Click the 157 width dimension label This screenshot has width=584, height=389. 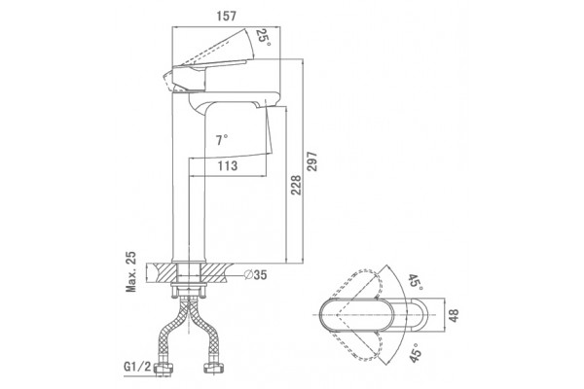pos(226,17)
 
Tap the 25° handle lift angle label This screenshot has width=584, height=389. pos(264,38)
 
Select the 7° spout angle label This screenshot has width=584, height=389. pos(221,140)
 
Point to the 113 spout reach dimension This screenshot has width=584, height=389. pos(228,165)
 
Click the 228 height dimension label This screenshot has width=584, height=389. pos(296,185)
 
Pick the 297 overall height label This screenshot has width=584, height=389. pos(312,161)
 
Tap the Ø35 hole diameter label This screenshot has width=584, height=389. pos(255,274)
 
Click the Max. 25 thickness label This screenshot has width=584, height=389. pos(131,271)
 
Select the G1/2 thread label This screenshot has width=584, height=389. pos(137,367)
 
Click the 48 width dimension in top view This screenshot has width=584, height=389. pos(454,316)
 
